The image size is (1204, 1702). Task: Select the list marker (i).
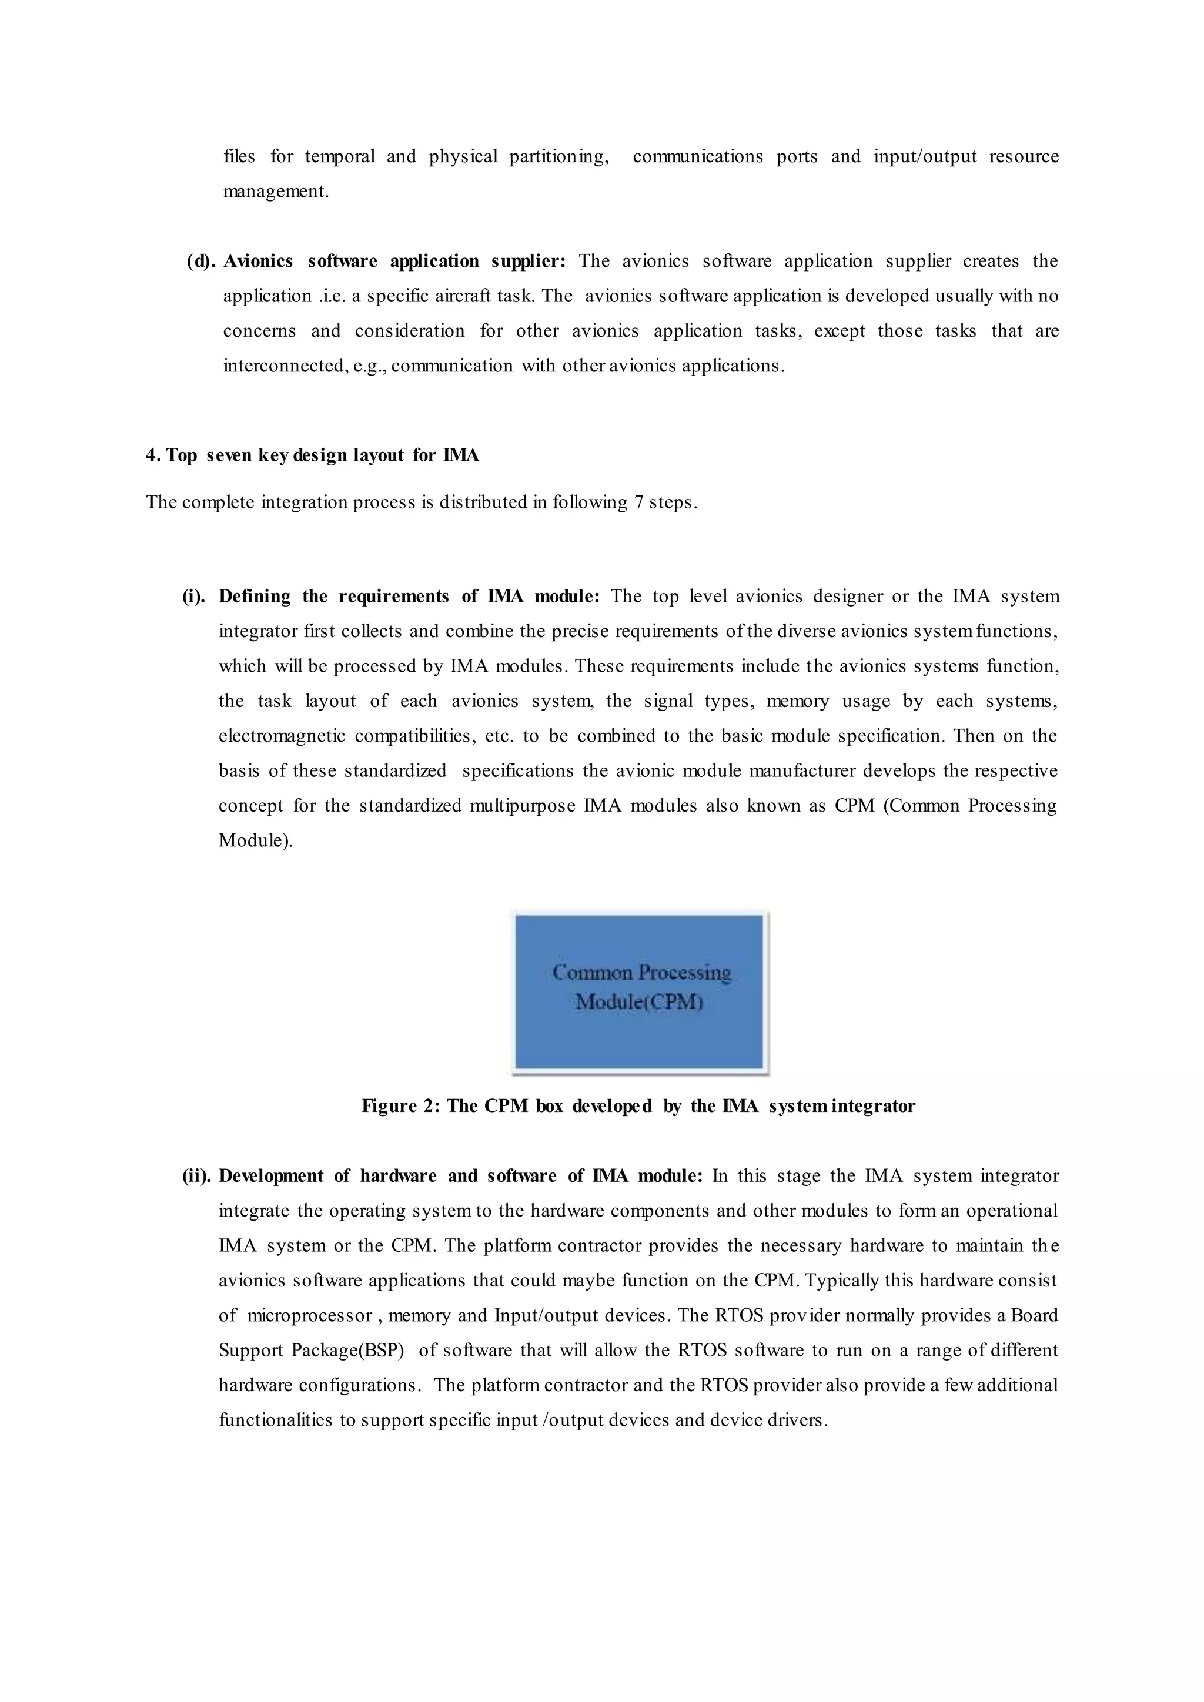point(193,597)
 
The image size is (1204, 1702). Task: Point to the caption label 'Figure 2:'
point(401,1106)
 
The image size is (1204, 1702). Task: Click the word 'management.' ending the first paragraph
point(276,191)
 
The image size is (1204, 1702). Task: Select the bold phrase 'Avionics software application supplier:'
point(394,261)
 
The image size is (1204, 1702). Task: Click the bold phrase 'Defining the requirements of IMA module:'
point(413,597)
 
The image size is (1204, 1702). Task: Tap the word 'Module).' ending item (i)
point(256,840)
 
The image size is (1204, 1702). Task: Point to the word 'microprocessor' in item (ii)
point(309,1316)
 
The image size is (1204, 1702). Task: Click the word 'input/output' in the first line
point(925,156)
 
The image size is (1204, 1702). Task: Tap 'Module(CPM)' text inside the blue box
point(639,1002)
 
